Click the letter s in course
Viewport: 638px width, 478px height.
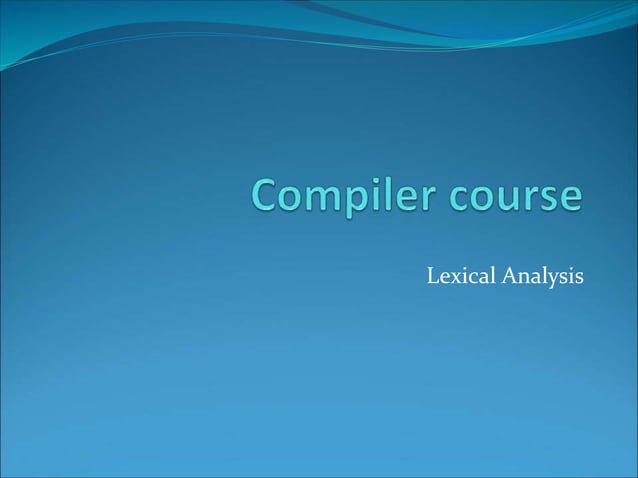pos(546,197)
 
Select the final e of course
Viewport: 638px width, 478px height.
pos(568,197)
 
